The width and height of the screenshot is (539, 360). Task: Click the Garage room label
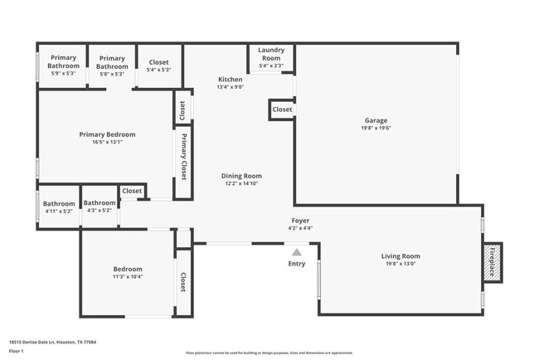[x=376, y=119]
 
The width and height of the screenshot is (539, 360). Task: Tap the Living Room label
[x=401, y=256]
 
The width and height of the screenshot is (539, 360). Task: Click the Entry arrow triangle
[x=296, y=251]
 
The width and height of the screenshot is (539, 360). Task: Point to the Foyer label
[x=299, y=221]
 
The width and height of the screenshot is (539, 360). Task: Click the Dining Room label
[x=241, y=176]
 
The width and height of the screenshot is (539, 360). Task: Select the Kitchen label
[x=230, y=80]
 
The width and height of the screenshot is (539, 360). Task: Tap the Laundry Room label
[x=271, y=55]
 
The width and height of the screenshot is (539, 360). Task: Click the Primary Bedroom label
[x=107, y=134]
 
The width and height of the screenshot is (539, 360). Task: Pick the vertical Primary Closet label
[x=183, y=156]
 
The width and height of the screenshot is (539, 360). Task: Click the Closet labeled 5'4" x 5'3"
[x=158, y=62]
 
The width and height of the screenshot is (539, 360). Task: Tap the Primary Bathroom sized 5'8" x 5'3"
[x=112, y=62]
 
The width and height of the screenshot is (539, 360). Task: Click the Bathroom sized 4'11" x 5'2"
[x=59, y=204]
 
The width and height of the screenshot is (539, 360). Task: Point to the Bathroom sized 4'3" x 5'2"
[x=100, y=203]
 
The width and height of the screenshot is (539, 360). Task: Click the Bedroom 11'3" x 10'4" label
[x=128, y=270]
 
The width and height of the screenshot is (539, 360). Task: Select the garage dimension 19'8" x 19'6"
[x=376, y=128]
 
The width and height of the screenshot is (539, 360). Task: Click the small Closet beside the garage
[x=282, y=109]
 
